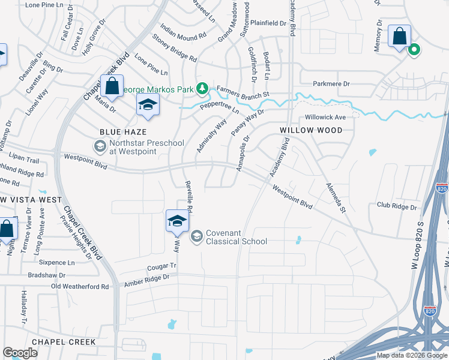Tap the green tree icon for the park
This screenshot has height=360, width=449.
[x=203, y=89]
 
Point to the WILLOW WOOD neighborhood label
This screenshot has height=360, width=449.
[x=311, y=130]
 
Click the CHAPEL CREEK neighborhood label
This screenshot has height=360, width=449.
[x=64, y=341]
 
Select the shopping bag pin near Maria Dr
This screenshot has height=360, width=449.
[x=112, y=86]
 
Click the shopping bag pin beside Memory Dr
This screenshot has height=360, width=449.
[x=399, y=37]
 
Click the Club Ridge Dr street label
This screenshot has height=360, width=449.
[x=397, y=206]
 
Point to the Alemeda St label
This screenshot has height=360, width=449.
[x=336, y=198]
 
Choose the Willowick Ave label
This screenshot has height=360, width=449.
[x=325, y=117]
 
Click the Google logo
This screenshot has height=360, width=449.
[x=20, y=353]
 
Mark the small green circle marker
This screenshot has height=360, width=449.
[x=414, y=50]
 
